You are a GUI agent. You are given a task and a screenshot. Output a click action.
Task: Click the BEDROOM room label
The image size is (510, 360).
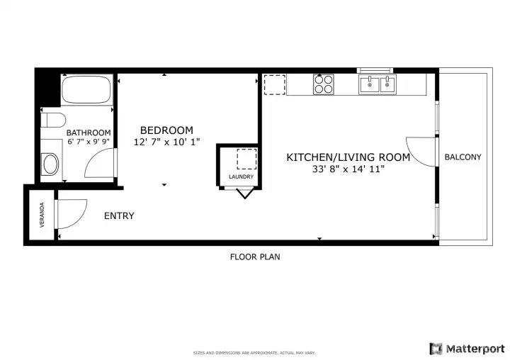166,130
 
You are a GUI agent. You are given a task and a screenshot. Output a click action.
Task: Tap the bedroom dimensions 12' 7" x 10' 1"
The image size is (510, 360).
166,142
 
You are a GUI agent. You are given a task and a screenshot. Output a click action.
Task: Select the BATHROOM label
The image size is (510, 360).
89,133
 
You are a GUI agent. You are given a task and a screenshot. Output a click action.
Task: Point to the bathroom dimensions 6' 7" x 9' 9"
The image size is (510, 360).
89,142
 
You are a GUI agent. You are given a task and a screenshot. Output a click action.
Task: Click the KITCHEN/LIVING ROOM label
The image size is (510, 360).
348,157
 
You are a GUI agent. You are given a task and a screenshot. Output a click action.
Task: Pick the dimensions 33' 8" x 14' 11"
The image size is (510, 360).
348,169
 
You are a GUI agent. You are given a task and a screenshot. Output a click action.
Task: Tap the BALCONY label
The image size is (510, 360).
463,157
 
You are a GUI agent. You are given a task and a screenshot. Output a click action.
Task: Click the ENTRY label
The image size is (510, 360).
119,216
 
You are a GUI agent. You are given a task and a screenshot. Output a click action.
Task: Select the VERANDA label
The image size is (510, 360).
42,215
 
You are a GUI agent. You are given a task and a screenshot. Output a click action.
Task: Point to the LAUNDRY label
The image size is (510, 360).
241,176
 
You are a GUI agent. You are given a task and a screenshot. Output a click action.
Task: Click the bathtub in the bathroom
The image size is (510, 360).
86,89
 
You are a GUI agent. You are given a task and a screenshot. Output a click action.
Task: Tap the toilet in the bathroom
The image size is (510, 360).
53,120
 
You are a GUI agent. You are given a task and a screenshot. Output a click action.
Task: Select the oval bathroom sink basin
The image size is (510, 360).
51,164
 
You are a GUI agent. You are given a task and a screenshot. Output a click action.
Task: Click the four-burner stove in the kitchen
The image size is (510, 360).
324,84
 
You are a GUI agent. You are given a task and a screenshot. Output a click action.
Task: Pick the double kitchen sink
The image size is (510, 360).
378,84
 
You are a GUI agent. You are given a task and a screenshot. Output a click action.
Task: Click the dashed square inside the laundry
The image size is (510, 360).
247,159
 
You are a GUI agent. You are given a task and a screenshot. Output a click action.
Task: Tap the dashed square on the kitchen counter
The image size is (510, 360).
275,84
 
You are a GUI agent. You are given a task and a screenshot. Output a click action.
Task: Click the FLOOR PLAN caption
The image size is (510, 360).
255,257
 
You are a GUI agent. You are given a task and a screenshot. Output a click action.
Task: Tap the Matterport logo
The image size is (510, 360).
467,349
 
